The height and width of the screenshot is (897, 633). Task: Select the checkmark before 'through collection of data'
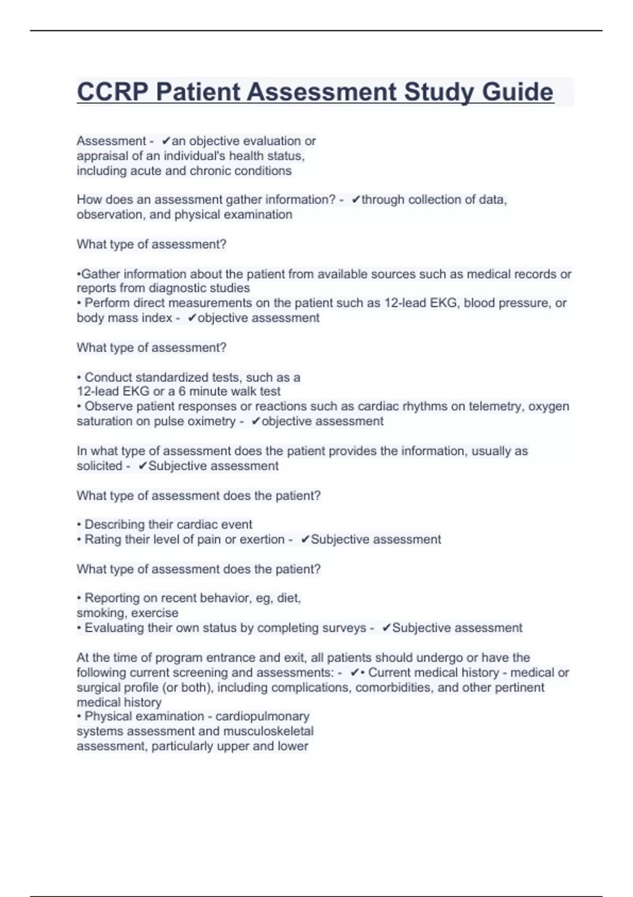(x=356, y=199)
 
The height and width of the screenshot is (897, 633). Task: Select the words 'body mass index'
(x=124, y=318)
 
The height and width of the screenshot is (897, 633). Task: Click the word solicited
(x=100, y=466)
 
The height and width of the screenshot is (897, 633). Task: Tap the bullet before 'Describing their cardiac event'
(x=79, y=525)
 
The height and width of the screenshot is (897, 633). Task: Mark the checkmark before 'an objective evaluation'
(x=166, y=141)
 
